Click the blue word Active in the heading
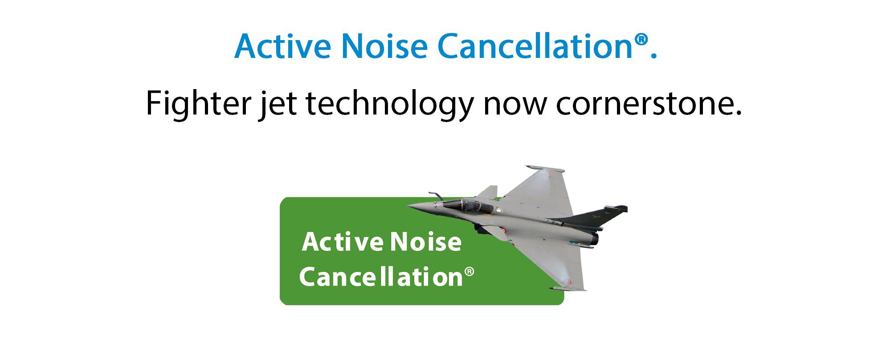(283, 46)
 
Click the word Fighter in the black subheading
(199, 103)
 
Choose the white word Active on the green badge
(342, 242)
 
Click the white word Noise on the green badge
(426, 242)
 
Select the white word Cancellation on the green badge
(381, 277)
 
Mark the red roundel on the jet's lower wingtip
(568, 282)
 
